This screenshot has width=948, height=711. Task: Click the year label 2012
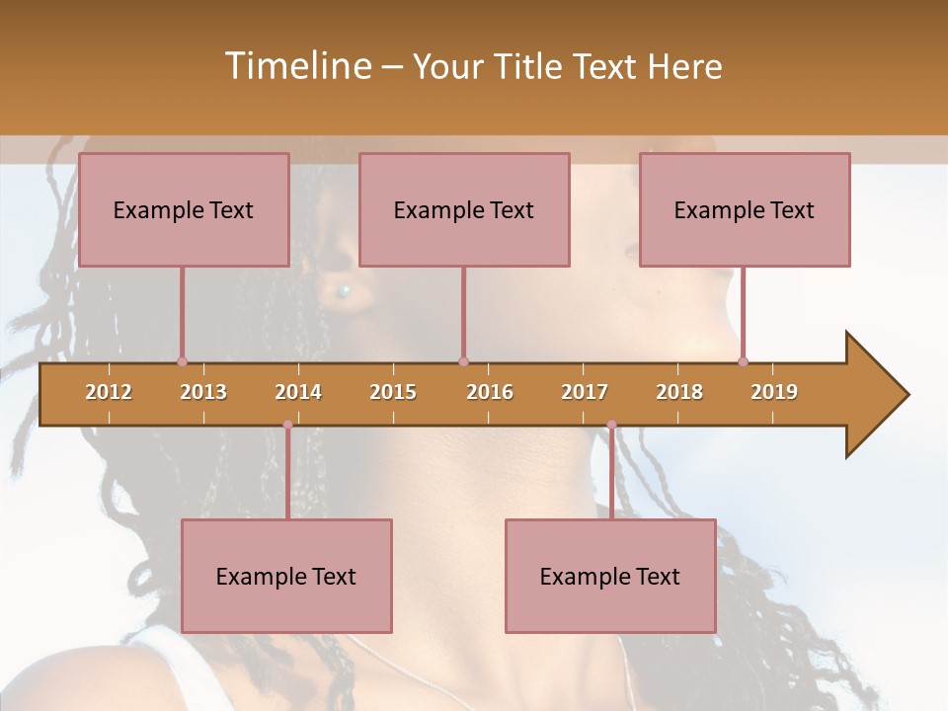pos(109,392)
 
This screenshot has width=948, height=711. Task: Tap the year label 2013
pos(203,392)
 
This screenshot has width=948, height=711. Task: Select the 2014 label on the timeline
pos(298,392)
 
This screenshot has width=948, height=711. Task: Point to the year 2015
pos(393,392)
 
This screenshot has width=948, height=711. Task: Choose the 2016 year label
pos(490,392)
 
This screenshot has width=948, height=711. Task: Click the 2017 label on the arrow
pos(585,392)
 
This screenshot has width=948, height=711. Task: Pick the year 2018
pos(679,392)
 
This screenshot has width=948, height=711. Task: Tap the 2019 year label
pos(774,392)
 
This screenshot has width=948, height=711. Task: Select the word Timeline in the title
pos(296,66)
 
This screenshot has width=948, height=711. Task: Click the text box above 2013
pos(184,209)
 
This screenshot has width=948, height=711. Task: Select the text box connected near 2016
pos(464,209)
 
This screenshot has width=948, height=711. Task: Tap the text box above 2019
pos(745,209)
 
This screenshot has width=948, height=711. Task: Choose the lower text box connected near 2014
pos(286,576)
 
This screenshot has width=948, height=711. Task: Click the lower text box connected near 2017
pos(610,576)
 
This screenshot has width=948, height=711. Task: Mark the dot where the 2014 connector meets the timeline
pos(287,425)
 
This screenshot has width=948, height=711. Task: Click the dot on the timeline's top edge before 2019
pos(743,361)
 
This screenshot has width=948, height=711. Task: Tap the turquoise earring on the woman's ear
pos(344,290)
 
